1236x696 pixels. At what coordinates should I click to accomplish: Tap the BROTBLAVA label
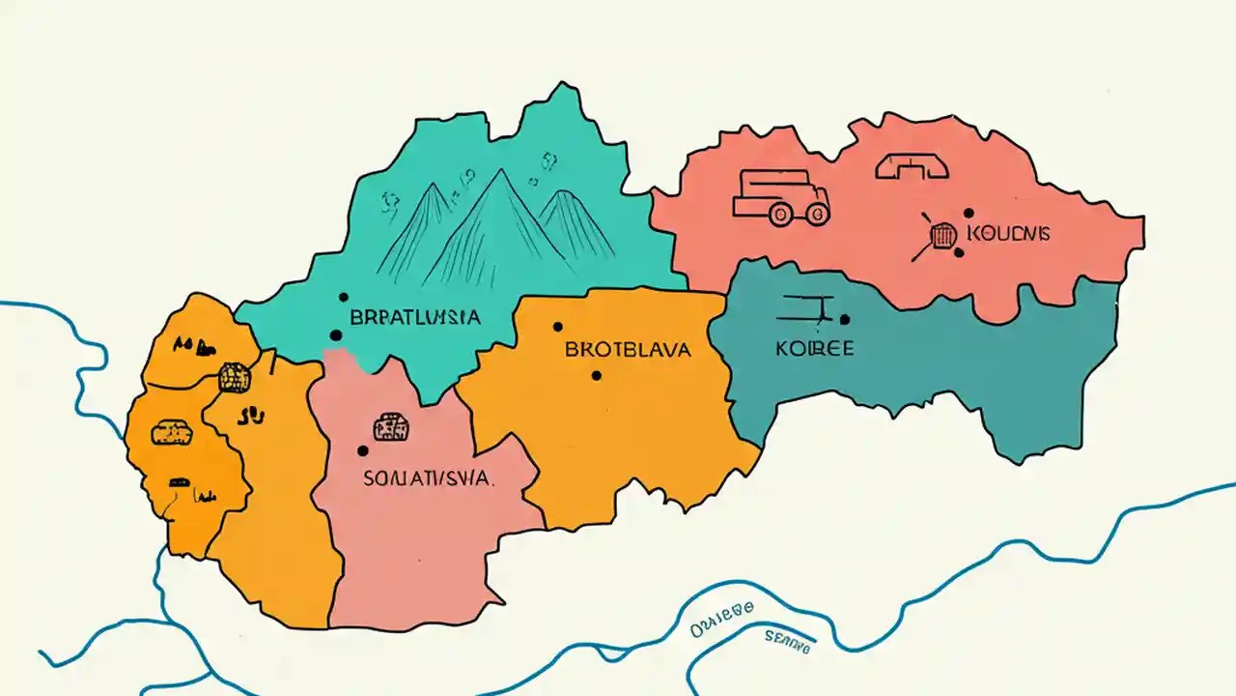(x=628, y=350)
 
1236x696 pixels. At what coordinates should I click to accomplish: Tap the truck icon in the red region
(x=780, y=197)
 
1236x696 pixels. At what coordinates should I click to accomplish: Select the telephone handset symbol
(x=912, y=166)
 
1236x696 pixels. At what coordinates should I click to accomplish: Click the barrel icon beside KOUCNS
(x=942, y=234)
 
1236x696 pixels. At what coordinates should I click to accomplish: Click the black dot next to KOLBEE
(x=845, y=319)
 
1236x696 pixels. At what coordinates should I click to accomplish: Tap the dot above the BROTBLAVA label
(x=557, y=327)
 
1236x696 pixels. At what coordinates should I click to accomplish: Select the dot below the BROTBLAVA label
(x=596, y=375)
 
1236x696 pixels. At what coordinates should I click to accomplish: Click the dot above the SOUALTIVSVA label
(x=362, y=450)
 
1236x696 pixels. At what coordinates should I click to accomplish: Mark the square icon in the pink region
(x=390, y=425)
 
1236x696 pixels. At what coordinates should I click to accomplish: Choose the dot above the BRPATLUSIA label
(x=343, y=298)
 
